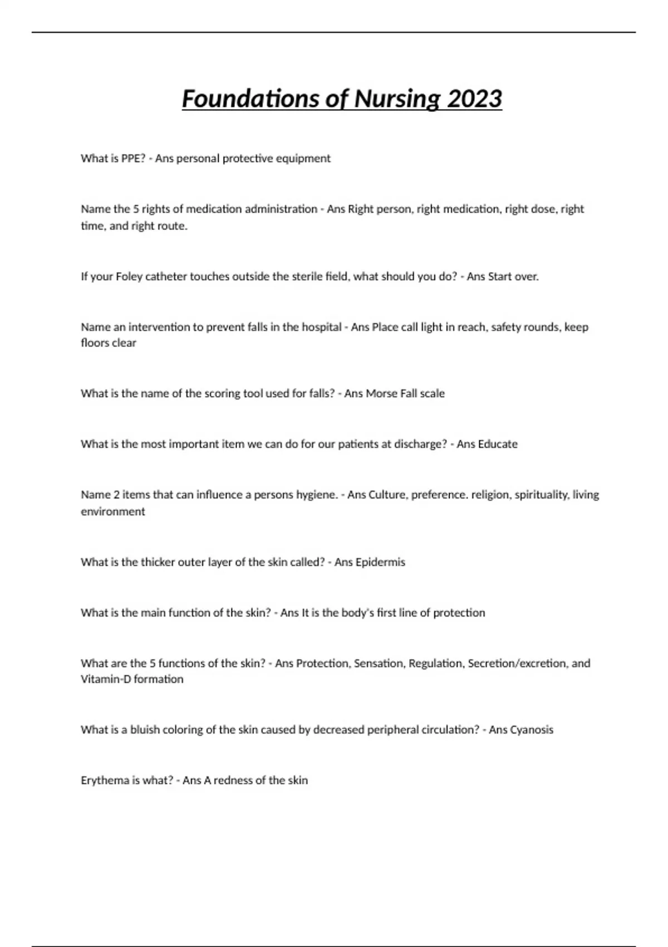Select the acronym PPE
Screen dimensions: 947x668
click(133, 158)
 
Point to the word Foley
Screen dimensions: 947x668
click(129, 276)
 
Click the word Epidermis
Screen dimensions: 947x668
click(380, 562)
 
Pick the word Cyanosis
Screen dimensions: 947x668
click(532, 730)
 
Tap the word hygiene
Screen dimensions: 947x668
click(317, 495)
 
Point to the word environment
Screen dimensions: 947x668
click(112, 511)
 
